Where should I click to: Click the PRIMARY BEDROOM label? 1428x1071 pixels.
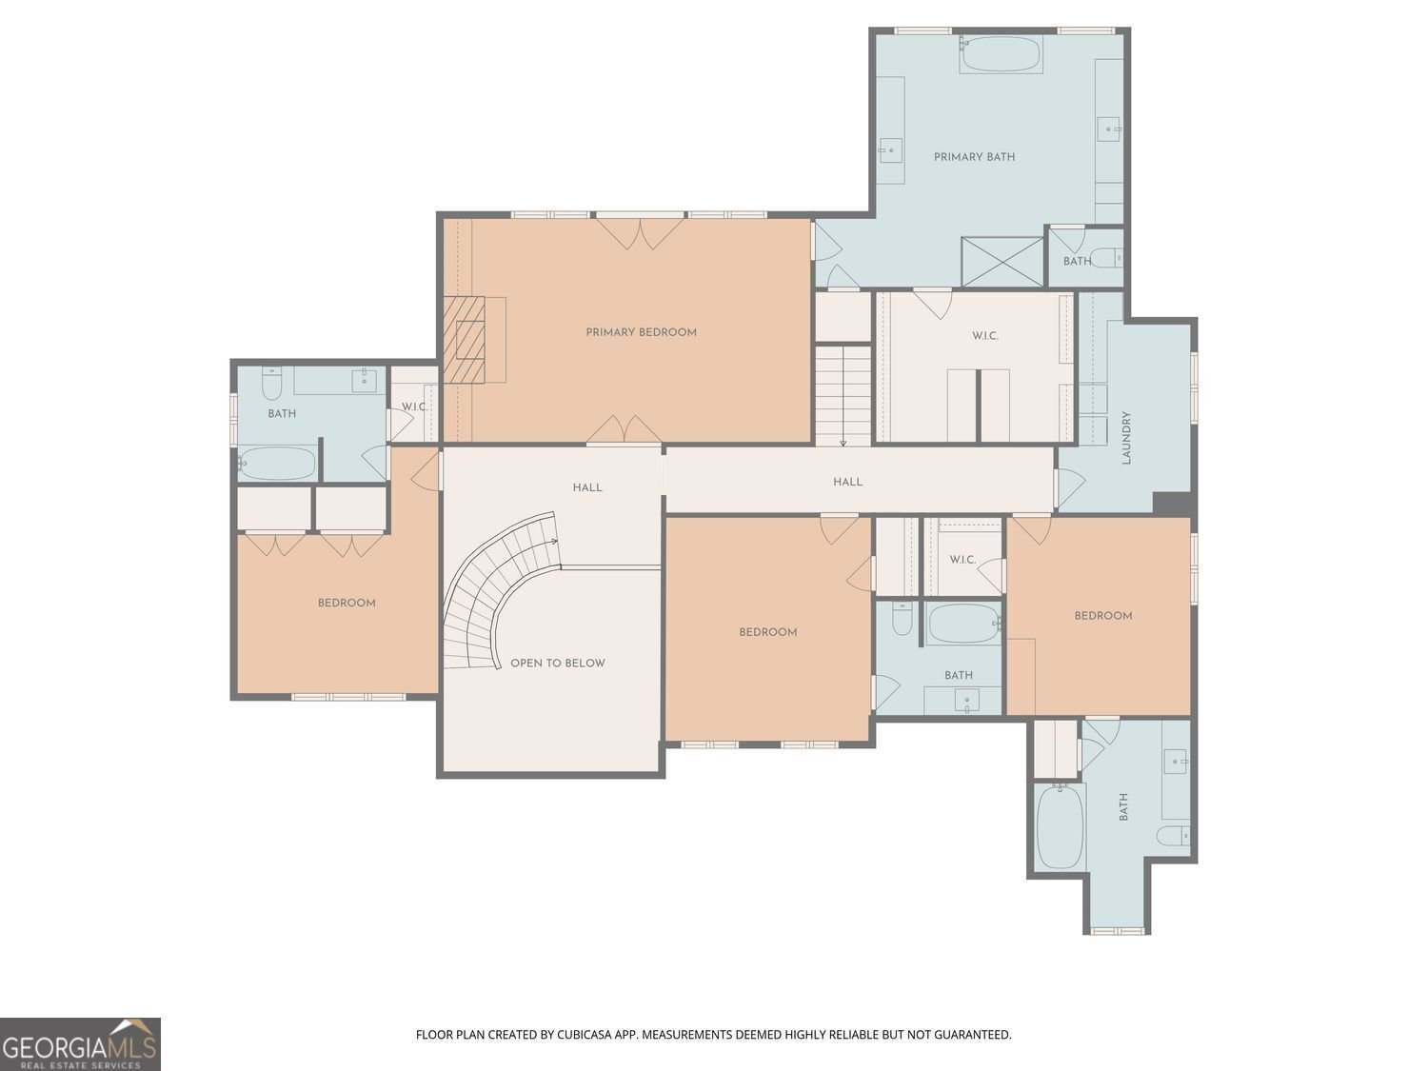coord(641,332)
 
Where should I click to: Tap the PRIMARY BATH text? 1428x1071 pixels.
coord(974,157)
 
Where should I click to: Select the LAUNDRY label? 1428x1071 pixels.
coord(1126,437)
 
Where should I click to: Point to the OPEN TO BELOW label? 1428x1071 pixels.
coord(558,664)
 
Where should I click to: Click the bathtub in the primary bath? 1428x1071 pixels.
coord(1001,54)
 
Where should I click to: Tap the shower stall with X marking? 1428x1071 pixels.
coord(1002,262)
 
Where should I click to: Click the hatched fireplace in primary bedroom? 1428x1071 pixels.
coord(465,340)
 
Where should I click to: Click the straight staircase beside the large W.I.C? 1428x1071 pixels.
coord(843,395)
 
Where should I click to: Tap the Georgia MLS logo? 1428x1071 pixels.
coord(80,1044)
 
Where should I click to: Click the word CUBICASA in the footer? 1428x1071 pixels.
coord(581,1035)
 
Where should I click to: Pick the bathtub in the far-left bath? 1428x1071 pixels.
coord(277,463)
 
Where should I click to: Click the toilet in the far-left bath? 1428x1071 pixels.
coord(271,384)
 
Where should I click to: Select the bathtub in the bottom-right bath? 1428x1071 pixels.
coord(1060,825)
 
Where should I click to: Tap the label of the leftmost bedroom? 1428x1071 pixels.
coord(347,603)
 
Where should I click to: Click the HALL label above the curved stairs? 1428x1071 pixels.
coord(586,487)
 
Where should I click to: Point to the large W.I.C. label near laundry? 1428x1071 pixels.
coord(985,336)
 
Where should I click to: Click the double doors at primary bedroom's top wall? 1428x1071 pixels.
coord(640,233)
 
